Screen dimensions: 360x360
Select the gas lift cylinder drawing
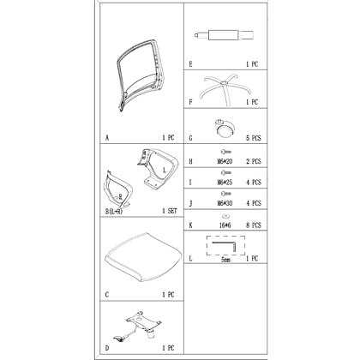pos(224,35)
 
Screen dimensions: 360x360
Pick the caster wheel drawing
pos(225,129)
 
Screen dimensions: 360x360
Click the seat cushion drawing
pos(143,256)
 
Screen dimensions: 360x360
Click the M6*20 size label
pos(225,161)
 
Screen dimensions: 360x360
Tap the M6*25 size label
pos(225,183)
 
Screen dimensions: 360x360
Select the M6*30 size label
pos(225,203)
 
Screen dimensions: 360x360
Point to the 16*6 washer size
pos(225,225)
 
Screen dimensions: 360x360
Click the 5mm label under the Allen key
pos(225,260)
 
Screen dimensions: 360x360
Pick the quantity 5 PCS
pos(254,138)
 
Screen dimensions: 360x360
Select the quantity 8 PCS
pos(254,225)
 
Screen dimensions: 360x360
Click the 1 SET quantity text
pos(170,211)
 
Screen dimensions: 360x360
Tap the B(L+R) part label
pos(114,212)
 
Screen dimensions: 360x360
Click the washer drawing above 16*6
pos(225,216)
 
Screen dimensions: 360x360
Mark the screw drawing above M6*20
pos(225,152)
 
